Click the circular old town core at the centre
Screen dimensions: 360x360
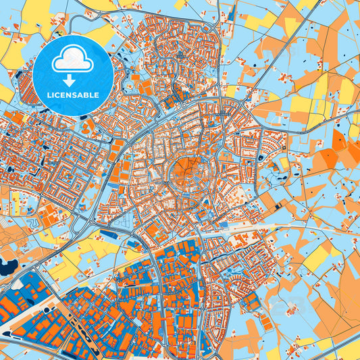(183, 174)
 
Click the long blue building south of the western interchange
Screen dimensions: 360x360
(108, 235)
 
